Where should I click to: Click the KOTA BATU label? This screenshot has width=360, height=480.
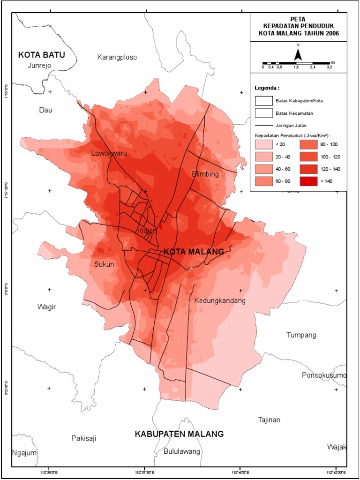(x=41, y=55)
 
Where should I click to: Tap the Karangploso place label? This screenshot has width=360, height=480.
(x=117, y=57)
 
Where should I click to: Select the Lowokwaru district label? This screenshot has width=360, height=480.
(x=109, y=153)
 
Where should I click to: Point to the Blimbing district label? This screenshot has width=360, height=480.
(x=205, y=174)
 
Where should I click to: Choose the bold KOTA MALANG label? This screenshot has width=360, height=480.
(x=194, y=252)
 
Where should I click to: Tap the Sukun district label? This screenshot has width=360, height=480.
(x=104, y=264)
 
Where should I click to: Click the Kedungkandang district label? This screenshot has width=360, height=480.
(x=220, y=300)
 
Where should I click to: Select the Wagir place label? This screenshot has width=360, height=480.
(x=46, y=307)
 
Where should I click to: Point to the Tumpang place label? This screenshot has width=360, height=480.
(x=301, y=335)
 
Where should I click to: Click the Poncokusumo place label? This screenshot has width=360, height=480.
(x=324, y=375)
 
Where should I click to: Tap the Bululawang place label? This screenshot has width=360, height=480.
(x=182, y=451)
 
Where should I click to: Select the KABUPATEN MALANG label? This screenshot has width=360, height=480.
(x=179, y=434)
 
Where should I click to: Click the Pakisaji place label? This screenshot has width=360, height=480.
(x=84, y=438)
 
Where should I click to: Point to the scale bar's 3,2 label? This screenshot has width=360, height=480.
(x=329, y=67)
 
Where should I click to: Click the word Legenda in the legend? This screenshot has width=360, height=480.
(x=267, y=88)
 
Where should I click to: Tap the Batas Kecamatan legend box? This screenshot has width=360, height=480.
(x=264, y=112)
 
